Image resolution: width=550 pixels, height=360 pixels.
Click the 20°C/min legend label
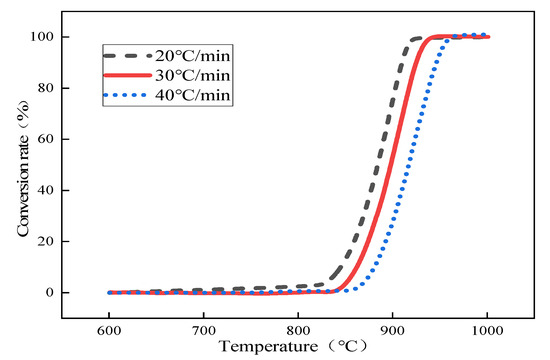pos(195,54)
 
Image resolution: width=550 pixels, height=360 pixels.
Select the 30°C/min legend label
pos(195,74)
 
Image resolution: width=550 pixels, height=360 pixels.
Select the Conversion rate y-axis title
pos(21,166)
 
